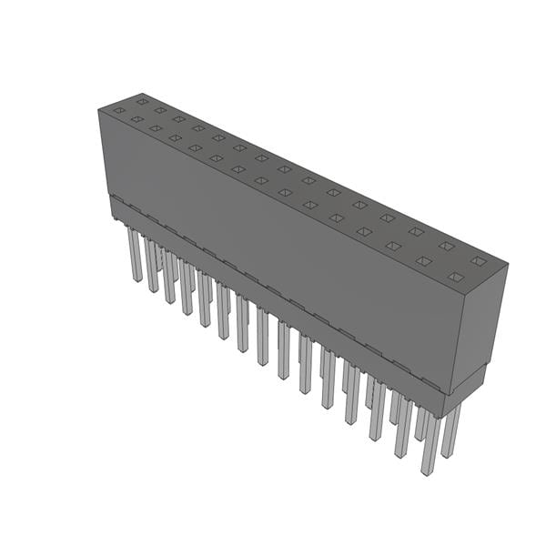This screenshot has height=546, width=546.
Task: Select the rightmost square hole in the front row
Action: tap(456, 278)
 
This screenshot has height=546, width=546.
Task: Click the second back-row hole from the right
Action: tap(446, 246)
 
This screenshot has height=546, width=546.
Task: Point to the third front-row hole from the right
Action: tap(393, 246)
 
